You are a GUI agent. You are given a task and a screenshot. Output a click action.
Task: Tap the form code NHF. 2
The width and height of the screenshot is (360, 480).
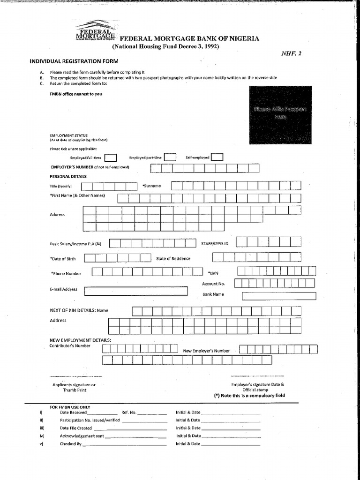[292, 53]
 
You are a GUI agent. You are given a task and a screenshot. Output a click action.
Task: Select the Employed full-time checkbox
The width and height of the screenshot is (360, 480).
[111, 158]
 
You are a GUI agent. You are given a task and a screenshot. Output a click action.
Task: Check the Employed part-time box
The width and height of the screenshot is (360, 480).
[170, 157]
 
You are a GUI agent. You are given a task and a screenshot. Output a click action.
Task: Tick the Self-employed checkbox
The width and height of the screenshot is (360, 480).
[217, 157]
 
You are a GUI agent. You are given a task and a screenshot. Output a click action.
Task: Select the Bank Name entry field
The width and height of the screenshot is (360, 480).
[279, 296]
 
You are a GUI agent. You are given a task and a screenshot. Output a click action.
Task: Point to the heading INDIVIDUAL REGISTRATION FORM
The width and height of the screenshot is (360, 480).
[74, 61]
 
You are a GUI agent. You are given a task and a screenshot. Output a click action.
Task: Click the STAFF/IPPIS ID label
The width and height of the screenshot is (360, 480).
[215, 244]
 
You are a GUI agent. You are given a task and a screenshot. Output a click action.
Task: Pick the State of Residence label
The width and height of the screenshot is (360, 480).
[173, 259]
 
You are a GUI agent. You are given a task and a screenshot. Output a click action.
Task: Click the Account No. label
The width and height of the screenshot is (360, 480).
[213, 284]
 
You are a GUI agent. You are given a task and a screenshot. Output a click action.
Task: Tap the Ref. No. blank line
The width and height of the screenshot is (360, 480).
[152, 413]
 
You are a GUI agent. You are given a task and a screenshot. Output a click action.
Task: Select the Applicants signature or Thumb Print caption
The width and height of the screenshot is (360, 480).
[74, 387]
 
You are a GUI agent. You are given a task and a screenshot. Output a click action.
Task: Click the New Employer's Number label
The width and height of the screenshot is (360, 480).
[206, 351]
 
